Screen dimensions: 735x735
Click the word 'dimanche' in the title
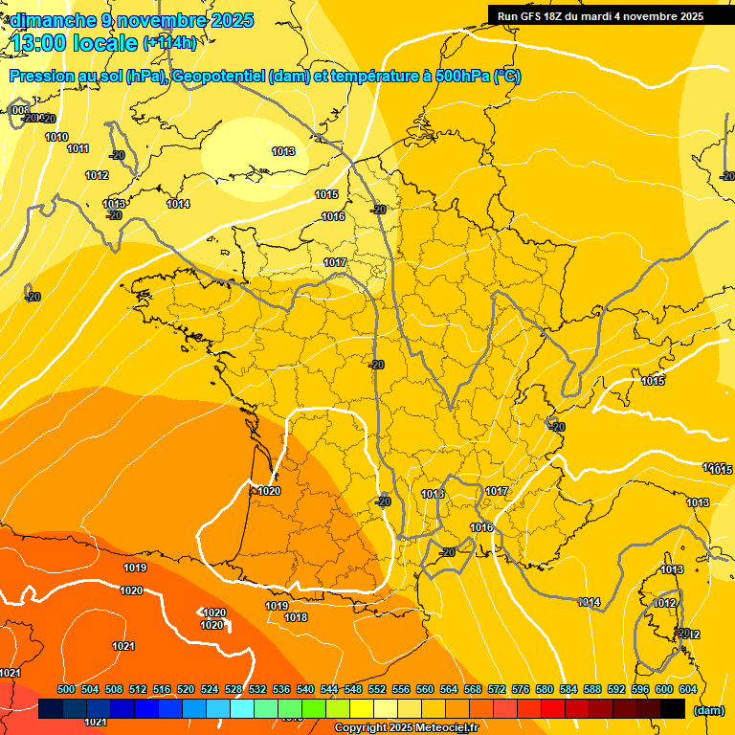pyautogui.click(x=49, y=19)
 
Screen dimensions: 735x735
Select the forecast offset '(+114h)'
pyautogui.click(x=169, y=42)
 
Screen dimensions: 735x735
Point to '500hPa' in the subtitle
pyautogui.click(x=462, y=77)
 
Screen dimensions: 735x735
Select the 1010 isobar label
pyautogui.click(x=56, y=137)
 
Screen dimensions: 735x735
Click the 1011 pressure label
pyautogui.click(x=78, y=148)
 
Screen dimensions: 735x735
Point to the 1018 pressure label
pyautogui.click(x=296, y=617)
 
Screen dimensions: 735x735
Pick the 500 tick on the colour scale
pyautogui.click(x=66, y=690)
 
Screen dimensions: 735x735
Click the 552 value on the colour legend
pyautogui.click(x=377, y=690)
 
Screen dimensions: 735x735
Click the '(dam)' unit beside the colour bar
pyautogui.click(x=709, y=709)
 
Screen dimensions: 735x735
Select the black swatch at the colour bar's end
pyautogui.click(x=673, y=708)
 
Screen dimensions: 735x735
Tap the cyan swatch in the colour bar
pyautogui.click(x=242, y=708)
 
